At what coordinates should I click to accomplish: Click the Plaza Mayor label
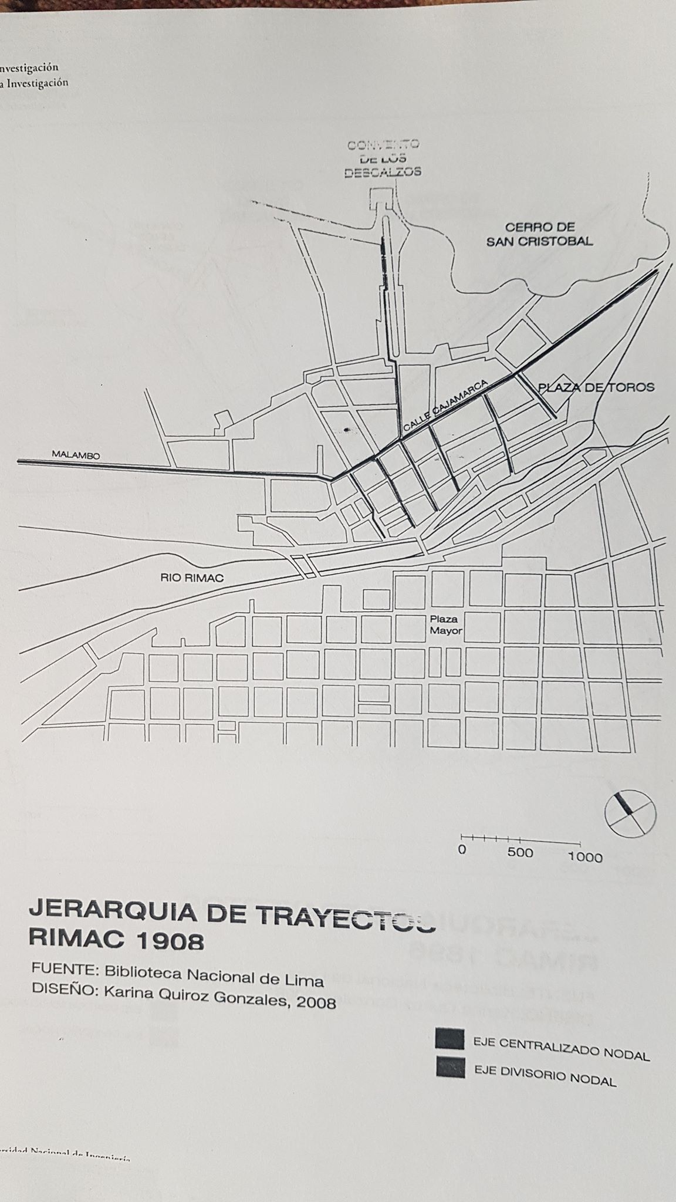click(446, 625)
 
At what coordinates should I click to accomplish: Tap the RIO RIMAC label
click(192, 578)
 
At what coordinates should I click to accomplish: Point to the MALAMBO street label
click(76, 455)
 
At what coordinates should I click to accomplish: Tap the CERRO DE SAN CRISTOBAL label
click(539, 234)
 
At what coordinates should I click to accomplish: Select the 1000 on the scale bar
click(584, 857)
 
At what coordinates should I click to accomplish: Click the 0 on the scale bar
click(462, 849)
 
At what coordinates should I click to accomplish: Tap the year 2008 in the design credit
click(316, 1002)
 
